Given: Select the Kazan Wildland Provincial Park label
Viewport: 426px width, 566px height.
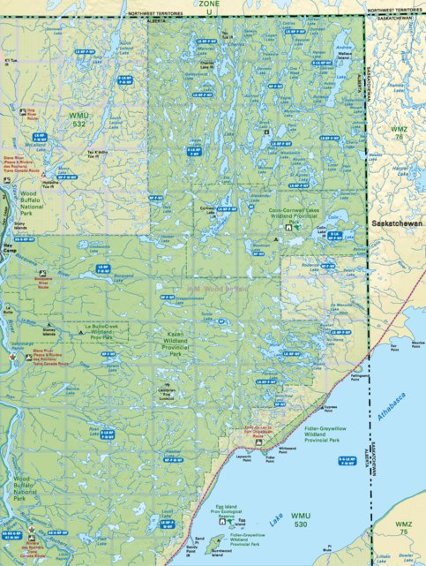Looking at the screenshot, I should coord(185,341).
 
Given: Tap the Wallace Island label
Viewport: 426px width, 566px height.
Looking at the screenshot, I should coord(345,56).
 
